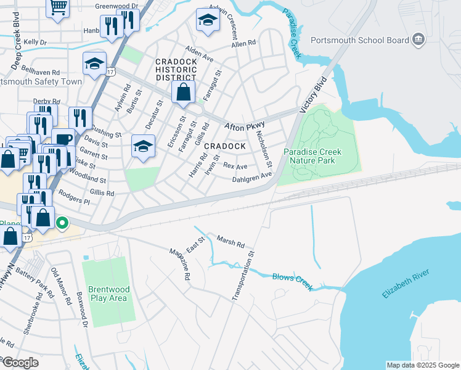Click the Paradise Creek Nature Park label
(x=312, y=156)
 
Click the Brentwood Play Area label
(x=108, y=294)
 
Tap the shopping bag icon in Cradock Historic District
(x=183, y=93)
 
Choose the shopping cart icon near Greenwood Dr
(x=59, y=7)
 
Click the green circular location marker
(x=62, y=223)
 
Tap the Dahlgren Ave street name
(x=251, y=176)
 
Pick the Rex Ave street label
(x=235, y=166)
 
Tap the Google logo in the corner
(x=20, y=363)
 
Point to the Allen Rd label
(x=243, y=44)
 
